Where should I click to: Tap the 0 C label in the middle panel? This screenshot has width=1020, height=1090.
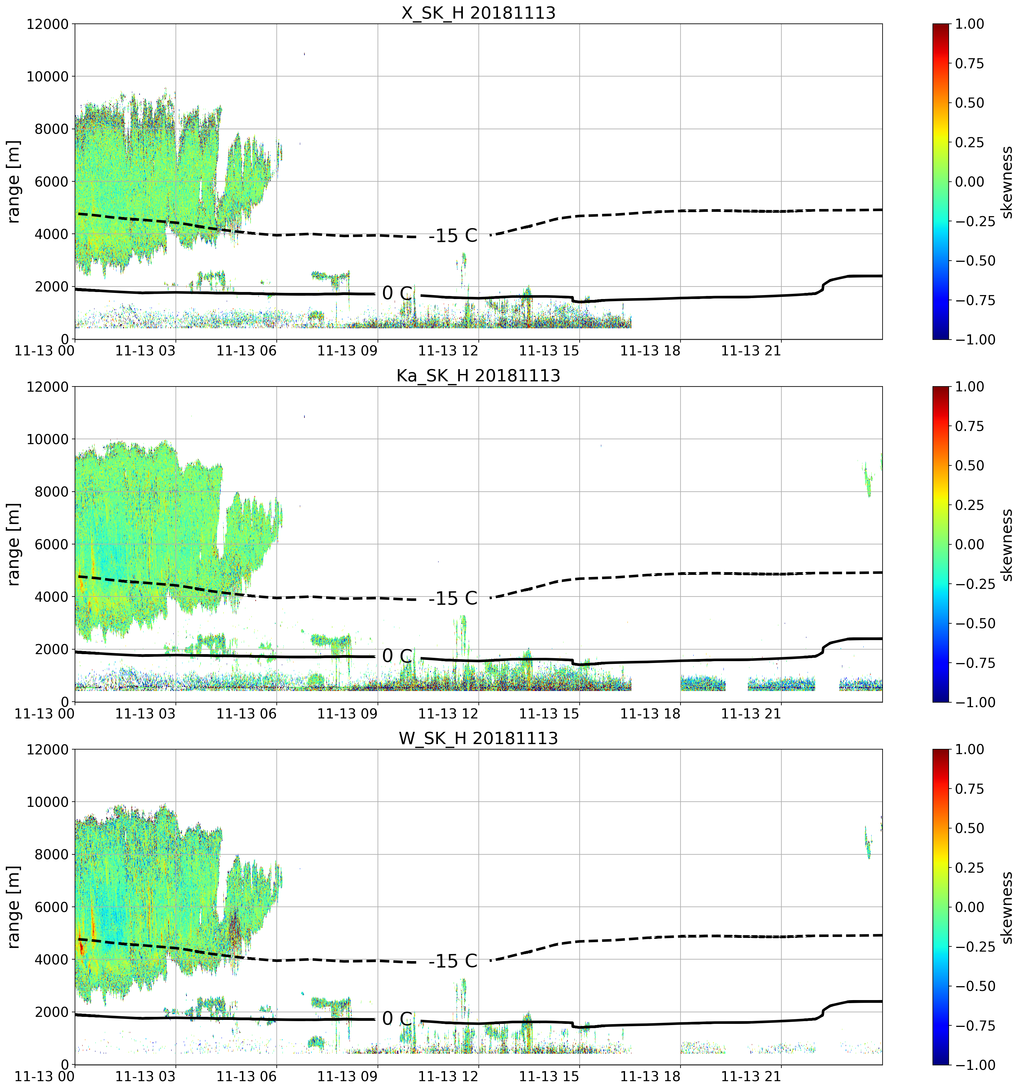point(397,655)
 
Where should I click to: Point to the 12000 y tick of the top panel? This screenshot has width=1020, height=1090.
point(48,24)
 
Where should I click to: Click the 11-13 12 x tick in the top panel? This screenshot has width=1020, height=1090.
point(448,350)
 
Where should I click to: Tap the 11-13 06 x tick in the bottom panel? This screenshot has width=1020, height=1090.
point(247,1076)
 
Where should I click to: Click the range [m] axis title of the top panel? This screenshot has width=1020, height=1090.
point(14,181)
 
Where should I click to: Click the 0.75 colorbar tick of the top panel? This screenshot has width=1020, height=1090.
point(970,64)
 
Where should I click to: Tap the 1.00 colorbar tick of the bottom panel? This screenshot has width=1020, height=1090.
point(970,750)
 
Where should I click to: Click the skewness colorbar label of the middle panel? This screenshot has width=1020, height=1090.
point(1007,544)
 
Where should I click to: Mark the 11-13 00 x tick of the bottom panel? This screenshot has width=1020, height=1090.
point(45,1076)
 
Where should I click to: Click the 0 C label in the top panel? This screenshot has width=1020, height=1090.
point(397,293)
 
